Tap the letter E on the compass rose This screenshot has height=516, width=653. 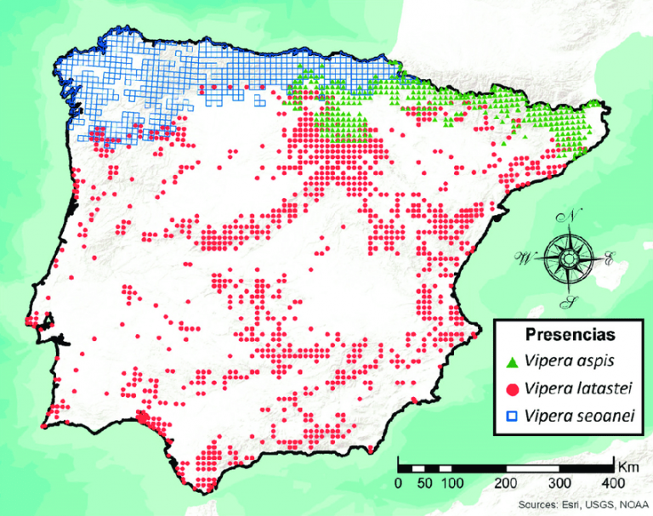[609, 261]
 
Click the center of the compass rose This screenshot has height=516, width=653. [565, 258]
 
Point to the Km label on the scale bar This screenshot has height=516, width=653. [627, 467]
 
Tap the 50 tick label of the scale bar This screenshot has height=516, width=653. [425, 484]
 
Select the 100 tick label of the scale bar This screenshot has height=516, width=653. [452, 484]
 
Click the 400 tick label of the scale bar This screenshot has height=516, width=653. [612, 484]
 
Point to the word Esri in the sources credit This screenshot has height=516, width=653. [571, 503]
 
